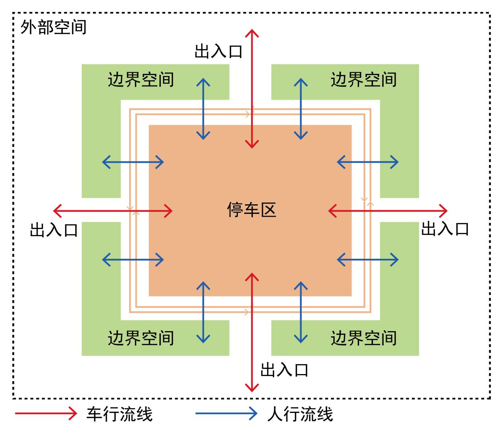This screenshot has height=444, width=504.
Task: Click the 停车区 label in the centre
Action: click(251, 209)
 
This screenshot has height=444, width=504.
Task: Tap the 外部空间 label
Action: click(54, 27)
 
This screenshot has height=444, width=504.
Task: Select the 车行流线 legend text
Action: click(120, 414)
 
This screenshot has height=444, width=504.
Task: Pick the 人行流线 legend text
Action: click(300, 414)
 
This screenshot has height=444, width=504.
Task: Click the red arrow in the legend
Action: click(46, 414)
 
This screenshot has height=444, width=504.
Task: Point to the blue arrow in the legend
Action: click(226, 414)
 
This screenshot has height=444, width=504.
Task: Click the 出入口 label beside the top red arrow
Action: click(218, 52)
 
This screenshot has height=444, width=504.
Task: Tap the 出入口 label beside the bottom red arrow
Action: click(284, 370)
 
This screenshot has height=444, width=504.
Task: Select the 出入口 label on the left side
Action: click(54, 230)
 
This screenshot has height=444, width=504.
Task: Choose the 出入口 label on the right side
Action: click(445, 229)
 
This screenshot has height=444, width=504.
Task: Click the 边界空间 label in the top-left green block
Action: click(141, 79)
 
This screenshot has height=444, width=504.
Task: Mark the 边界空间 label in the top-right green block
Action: click(364, 79)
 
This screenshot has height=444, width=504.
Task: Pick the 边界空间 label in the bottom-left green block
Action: click(141, 338)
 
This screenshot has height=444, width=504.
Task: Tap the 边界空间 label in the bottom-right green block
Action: click(364, 338)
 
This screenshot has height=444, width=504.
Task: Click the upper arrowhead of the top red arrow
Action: click(252, 30)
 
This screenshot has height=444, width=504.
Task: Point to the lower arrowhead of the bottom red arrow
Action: click(252, 392)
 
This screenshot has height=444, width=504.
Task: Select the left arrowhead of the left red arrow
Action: click(54, 211)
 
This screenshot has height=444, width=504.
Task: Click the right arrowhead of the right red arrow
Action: click(447, 211)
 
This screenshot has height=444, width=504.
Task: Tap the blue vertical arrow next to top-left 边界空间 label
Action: click(203, 109)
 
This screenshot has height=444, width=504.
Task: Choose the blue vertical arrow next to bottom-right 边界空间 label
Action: click(301, 312)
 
